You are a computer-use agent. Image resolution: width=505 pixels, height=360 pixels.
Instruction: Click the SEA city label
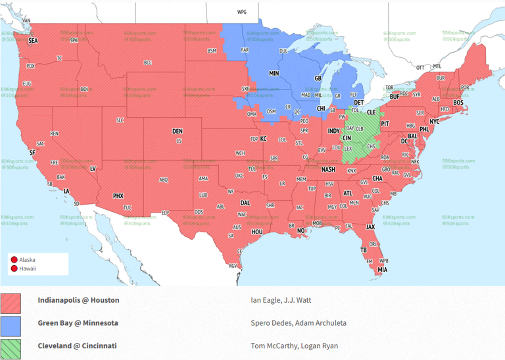[x=33, y=40]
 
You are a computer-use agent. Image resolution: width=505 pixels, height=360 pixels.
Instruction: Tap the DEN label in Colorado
[x=178, y=132]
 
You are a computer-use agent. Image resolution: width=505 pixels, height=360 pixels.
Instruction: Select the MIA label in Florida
[x=382, y=270]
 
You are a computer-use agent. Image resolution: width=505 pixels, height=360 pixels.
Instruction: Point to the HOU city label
[x=257, y=232]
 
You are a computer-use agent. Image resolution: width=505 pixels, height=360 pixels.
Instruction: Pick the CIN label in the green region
[x=345, y=139]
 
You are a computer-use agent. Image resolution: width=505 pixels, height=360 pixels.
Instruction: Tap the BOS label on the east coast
[x=458, y=103]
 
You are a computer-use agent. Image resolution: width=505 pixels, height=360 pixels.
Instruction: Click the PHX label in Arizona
[x=118, y=195]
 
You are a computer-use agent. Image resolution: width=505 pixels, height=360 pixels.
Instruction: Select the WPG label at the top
[x=242, y=12]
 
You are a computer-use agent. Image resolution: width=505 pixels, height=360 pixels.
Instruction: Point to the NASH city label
[x=328, y=169]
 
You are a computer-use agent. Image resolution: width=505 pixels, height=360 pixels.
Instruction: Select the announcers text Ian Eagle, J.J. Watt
[x=281, y=301]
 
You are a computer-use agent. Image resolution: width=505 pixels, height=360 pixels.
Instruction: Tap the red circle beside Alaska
[x=14, y=260]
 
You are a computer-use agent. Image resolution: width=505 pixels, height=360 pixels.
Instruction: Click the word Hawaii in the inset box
[x=28, y=269]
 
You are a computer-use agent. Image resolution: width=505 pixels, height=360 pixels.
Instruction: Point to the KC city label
[x=263, y=139]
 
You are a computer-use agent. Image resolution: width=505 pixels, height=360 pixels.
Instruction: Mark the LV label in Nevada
[x=93, y=169]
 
